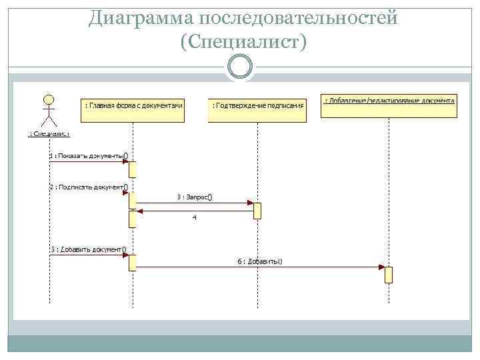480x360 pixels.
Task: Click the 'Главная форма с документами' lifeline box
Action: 133,106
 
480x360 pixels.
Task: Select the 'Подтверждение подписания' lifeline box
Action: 257,106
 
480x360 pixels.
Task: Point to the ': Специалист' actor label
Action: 49,134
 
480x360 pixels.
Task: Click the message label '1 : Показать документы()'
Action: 89,156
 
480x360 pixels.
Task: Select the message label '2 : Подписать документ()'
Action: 89,187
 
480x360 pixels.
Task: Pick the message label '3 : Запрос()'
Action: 195,197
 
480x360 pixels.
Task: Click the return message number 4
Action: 194,217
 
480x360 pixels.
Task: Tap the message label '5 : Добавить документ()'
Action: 89,250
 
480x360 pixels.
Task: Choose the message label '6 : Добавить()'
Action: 260,261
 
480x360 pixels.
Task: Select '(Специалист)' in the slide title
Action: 243,42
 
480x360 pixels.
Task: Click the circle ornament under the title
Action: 240,67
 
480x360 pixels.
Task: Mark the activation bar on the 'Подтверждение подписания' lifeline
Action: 257,210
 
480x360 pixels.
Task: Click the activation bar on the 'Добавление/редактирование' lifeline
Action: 389,275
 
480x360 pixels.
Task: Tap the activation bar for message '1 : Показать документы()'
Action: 133,169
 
